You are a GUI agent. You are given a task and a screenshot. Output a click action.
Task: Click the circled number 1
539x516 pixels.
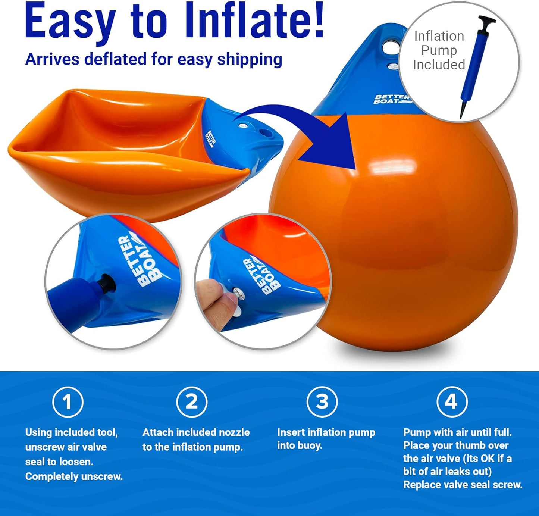(x=68, y=402)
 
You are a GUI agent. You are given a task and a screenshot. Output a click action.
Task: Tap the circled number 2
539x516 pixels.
(x=192, y=402)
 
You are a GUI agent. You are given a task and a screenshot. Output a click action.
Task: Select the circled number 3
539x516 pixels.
(x=322, y=401)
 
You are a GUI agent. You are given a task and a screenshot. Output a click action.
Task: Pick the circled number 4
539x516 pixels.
(x=452, y=401)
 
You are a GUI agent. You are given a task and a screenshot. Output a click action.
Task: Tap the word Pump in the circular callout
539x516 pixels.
(x=439, y=50)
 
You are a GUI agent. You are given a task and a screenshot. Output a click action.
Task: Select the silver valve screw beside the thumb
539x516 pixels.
(x=239, y=294)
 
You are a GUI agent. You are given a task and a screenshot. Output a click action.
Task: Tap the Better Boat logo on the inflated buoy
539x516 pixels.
(x=392, y=99)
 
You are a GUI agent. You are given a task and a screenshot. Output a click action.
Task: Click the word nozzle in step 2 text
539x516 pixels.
(x=234, y=432)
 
